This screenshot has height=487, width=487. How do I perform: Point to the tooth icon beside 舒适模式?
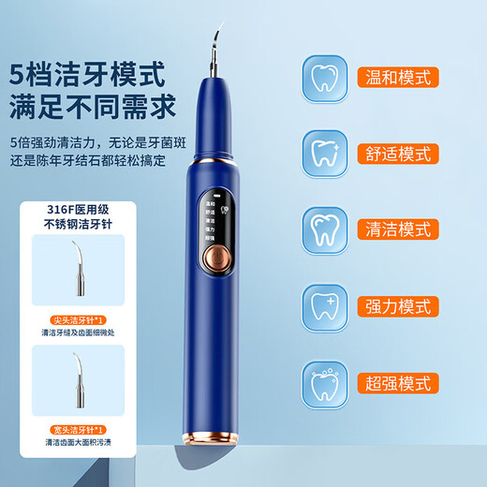coord(329,149)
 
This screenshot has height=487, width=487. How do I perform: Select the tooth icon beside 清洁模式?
coord(329,228)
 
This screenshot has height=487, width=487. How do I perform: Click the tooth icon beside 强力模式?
coord(329,305)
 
